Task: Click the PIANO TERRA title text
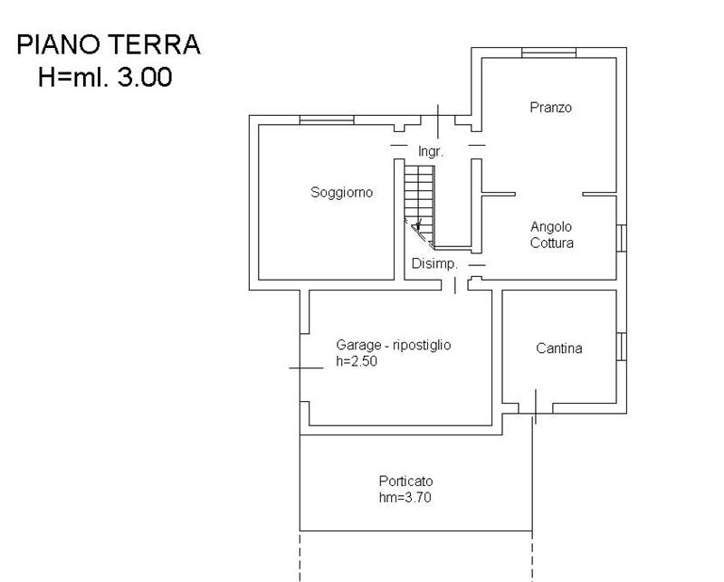[109, 45]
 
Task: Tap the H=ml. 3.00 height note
[105, 77]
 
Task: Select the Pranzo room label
[550, 108]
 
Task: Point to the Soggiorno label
[342, 193]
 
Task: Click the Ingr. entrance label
[431, 151]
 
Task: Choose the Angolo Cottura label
[552, 234]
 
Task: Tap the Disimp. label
[434, 263]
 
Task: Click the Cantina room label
[558, 348]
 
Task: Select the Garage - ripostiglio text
[394, 345]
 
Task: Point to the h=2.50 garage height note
[357, 361]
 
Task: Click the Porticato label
[405, 482]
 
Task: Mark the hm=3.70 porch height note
[405, 498]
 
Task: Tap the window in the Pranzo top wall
[548, 52]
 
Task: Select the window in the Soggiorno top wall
[327, 120]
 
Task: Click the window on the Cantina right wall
[622, 347]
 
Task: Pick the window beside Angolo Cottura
[622, 238]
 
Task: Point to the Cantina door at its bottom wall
[536, 407]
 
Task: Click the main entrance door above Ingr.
[438, 121]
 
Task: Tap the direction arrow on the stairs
[418, 226]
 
